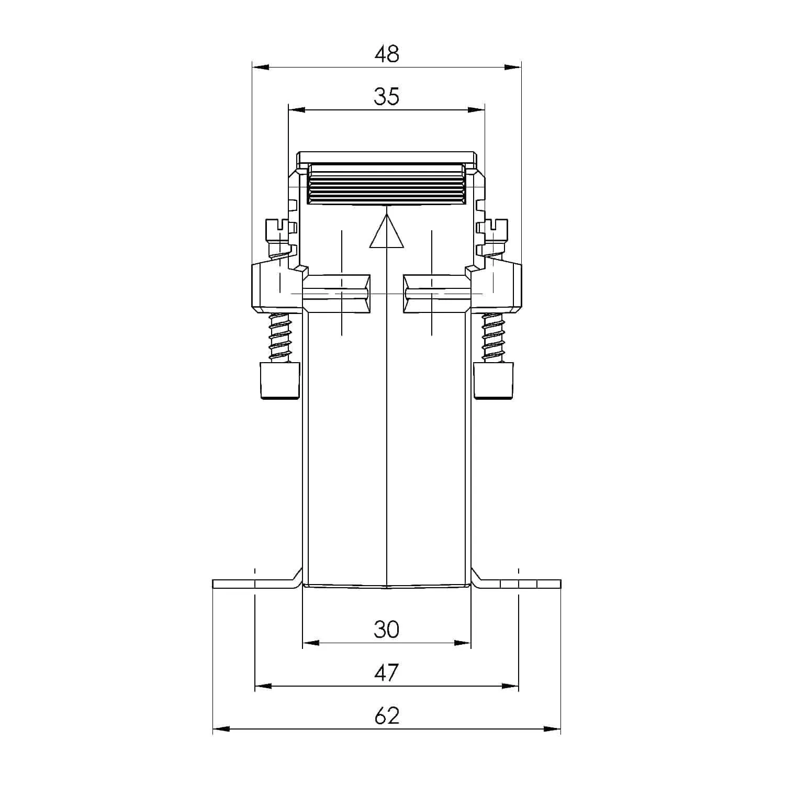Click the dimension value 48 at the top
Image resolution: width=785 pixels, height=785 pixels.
point(387,54)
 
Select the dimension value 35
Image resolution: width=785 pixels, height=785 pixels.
point(387,97)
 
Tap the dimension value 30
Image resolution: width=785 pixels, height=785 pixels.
point(387,629)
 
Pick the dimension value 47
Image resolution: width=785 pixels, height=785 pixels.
point(387,672)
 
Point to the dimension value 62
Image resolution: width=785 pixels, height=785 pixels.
point(387,715)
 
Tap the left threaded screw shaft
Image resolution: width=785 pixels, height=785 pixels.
point(279,338)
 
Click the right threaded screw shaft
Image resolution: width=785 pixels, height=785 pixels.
point(494,338)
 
